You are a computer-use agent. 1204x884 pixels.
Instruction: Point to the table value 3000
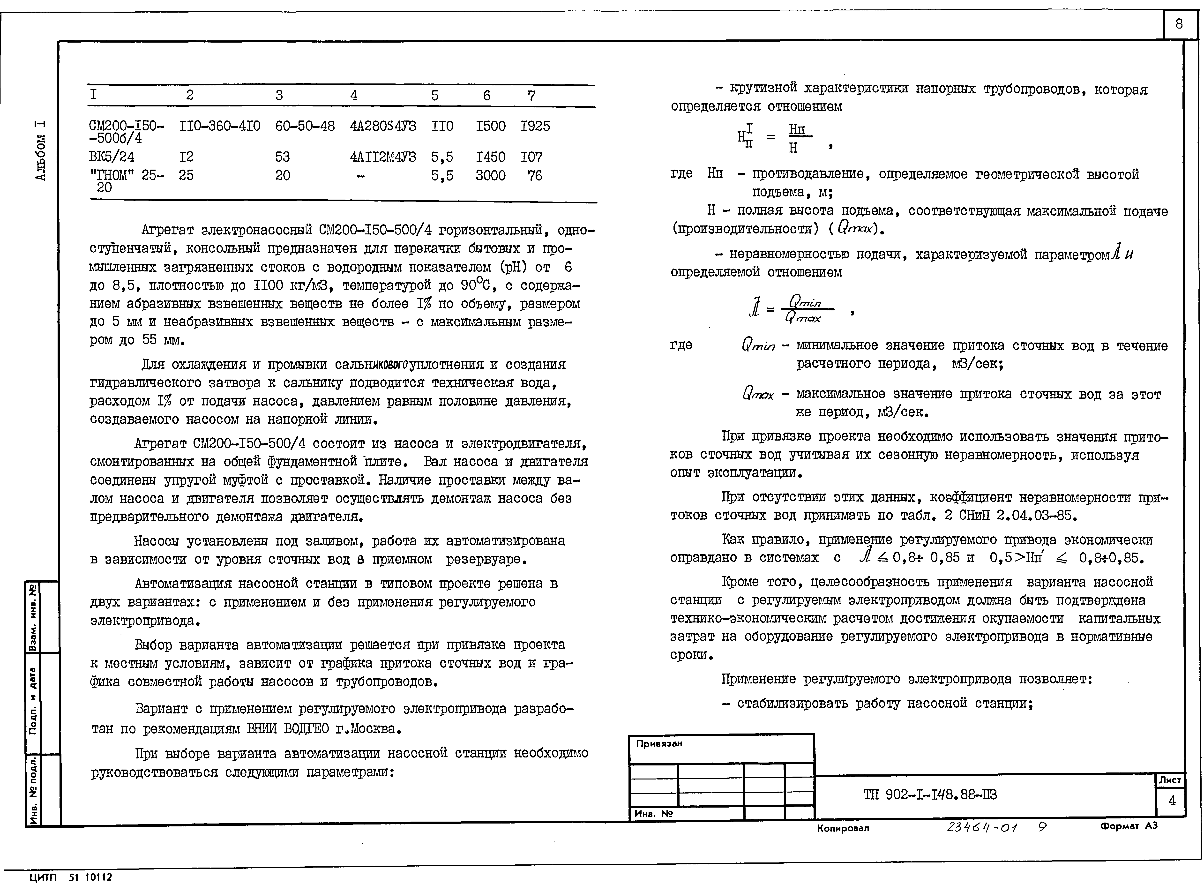[490, 175]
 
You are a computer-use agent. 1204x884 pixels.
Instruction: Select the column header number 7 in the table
[531, 96]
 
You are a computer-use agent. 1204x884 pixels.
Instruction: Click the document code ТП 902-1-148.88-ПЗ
[930, 795]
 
